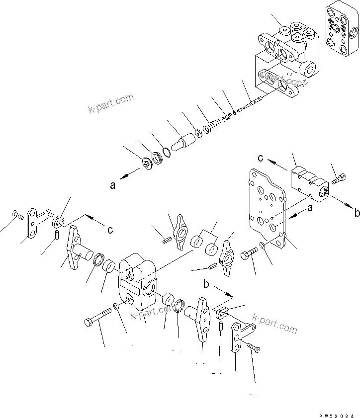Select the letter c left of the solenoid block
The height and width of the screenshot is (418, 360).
[x=260, y=158]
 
